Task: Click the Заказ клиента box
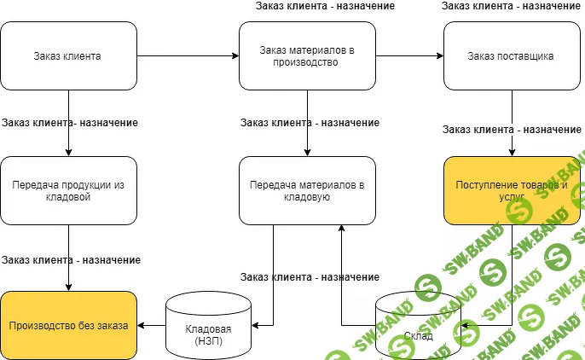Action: (68, 56)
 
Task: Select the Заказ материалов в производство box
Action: (307, 56)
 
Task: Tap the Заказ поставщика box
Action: (512, 56)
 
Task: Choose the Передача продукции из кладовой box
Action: (68, 190)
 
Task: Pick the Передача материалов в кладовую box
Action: (307, 190)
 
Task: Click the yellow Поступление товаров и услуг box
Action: (512, 190)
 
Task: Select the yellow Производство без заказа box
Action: (68, 325)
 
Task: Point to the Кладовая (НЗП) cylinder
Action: (208, 325)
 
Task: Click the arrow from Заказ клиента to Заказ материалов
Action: (188, 56)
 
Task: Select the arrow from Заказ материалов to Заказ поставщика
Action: (409, 56)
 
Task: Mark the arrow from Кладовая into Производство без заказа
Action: (151, 325)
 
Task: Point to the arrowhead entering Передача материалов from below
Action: (341, 229)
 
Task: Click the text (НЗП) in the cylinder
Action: (208, 340)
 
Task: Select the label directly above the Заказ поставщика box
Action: (512, 6)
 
